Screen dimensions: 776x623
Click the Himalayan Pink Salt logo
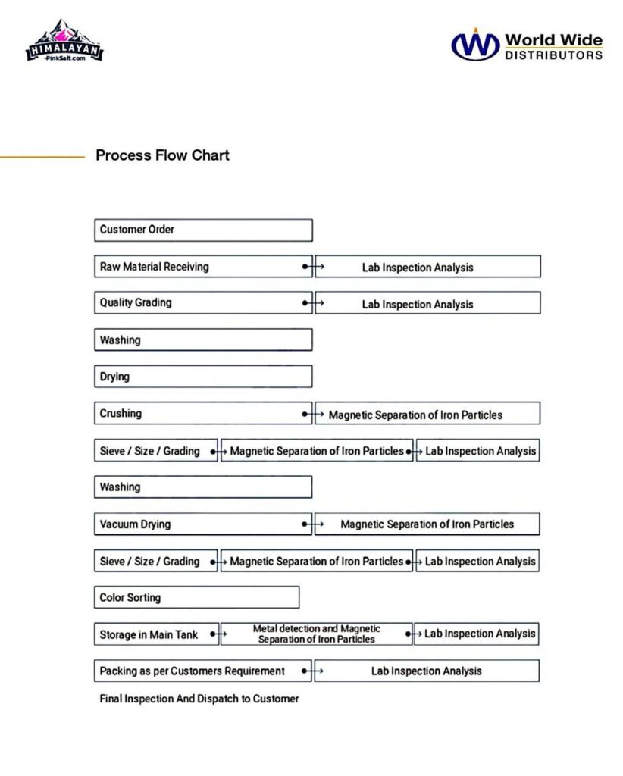pyautogui.click(x=64, y=42)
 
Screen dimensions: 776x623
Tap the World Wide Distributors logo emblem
pyautogui.click(x=475, y=44)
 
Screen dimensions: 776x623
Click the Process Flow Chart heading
pyautogui.click(x=162, y=155)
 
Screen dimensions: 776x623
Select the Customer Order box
pyautogui.click(x=203, y=230)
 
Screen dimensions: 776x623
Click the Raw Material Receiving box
pyautogui.click(x=203, y=267)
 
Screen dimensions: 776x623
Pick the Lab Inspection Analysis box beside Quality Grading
pyautogui.click(x=427, y=303)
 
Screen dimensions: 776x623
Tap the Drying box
pyautogui.click(x=203, y=377)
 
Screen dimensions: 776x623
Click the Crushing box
pyautogui.click(x=203, y=414)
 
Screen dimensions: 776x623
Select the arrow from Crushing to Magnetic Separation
pyautogui.click(x=314, y=415)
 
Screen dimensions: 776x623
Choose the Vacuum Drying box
pyautogui.click(x=203, y=524)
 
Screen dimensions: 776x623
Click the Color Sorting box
pyautogui.click(x=196, y=597)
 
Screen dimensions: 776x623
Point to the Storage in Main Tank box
pyautogui.click(x=156, y=634)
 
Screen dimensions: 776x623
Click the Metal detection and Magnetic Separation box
pyautogui.click(x=317, y=634)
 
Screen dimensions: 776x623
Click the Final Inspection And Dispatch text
pyautogui.click(x=199, y=699)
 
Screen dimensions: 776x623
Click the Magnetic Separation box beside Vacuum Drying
pyautogui.click(x=427, y=524)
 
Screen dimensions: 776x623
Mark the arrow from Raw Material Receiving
pyautogui.click(x=314, y=267)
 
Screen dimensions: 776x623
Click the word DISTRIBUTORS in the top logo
pyautogui.click(x=553, y=55)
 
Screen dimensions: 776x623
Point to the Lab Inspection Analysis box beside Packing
pyautogui.click(x=427, y=671)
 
